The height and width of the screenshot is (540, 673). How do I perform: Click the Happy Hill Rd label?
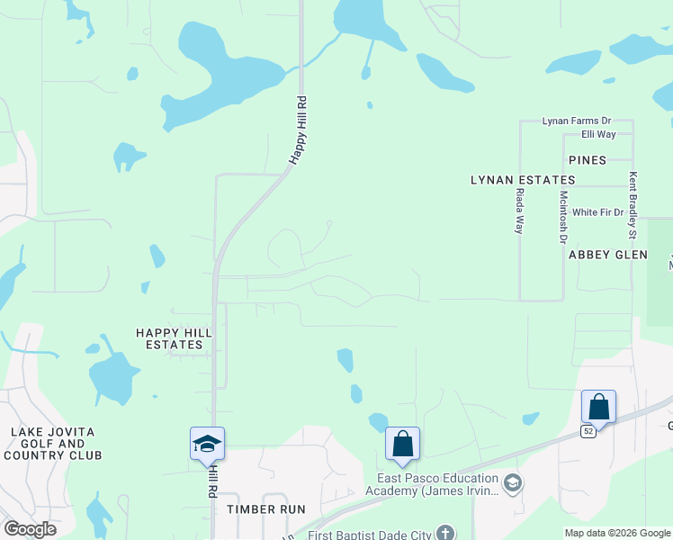(299, 130)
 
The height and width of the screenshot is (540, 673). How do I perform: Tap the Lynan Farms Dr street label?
(576, 121)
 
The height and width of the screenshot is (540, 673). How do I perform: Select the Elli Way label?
(598, 134)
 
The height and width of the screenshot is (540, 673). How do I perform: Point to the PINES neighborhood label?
(588, 160)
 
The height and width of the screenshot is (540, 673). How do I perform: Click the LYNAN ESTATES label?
(523, 180)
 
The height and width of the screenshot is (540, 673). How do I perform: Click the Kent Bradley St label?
(633, 205)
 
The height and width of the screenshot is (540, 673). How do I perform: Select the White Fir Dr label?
(597, 212)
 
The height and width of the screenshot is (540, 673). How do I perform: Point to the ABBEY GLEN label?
(608, 255)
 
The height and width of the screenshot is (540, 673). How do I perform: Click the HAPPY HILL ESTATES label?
(174, 338)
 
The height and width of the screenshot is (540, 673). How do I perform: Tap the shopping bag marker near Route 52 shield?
(598, 408)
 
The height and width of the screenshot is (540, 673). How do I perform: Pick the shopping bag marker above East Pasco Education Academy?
(402, 444)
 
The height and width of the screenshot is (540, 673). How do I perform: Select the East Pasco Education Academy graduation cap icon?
(513, 484)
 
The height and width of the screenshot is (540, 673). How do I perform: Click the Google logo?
(30, 529)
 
